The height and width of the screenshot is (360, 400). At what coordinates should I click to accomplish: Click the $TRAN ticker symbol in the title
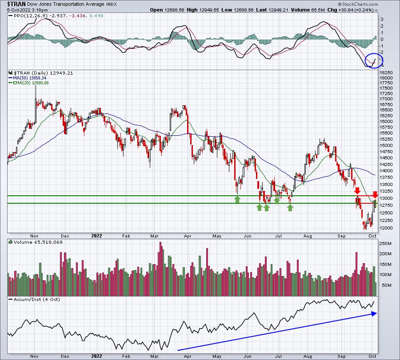point(16,4)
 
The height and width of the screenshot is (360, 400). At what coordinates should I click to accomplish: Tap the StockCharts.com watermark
point(358,4)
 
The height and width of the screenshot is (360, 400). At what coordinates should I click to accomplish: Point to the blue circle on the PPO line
point(374,61)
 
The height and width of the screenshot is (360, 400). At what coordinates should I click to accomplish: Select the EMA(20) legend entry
point(28,83)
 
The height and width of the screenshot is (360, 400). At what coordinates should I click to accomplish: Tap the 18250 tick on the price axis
point(386,73)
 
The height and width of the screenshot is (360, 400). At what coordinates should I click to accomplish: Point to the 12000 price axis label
point(386,228)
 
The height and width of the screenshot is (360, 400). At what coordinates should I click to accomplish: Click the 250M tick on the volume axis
point(385,244)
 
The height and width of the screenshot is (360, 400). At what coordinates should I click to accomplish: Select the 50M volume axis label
point(387,285)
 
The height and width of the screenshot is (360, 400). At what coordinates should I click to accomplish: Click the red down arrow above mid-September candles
point(357,190)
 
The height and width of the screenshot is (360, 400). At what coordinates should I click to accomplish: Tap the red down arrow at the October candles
point(375,195)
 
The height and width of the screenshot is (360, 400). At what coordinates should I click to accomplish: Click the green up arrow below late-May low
point(237,199)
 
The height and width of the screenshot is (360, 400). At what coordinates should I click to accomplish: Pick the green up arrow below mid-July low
point(290,208)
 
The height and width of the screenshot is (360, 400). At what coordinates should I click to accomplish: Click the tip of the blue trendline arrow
point(377,314)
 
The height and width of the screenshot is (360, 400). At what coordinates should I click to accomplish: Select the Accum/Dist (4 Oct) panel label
point(34,299)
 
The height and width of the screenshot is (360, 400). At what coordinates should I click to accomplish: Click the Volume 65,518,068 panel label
point(36,242)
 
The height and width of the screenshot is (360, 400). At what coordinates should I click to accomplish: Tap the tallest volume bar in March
point(160,269)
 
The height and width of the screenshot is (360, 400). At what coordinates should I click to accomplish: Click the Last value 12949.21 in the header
point(279,10)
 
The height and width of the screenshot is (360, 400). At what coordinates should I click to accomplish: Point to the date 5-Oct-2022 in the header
point(19,10)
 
